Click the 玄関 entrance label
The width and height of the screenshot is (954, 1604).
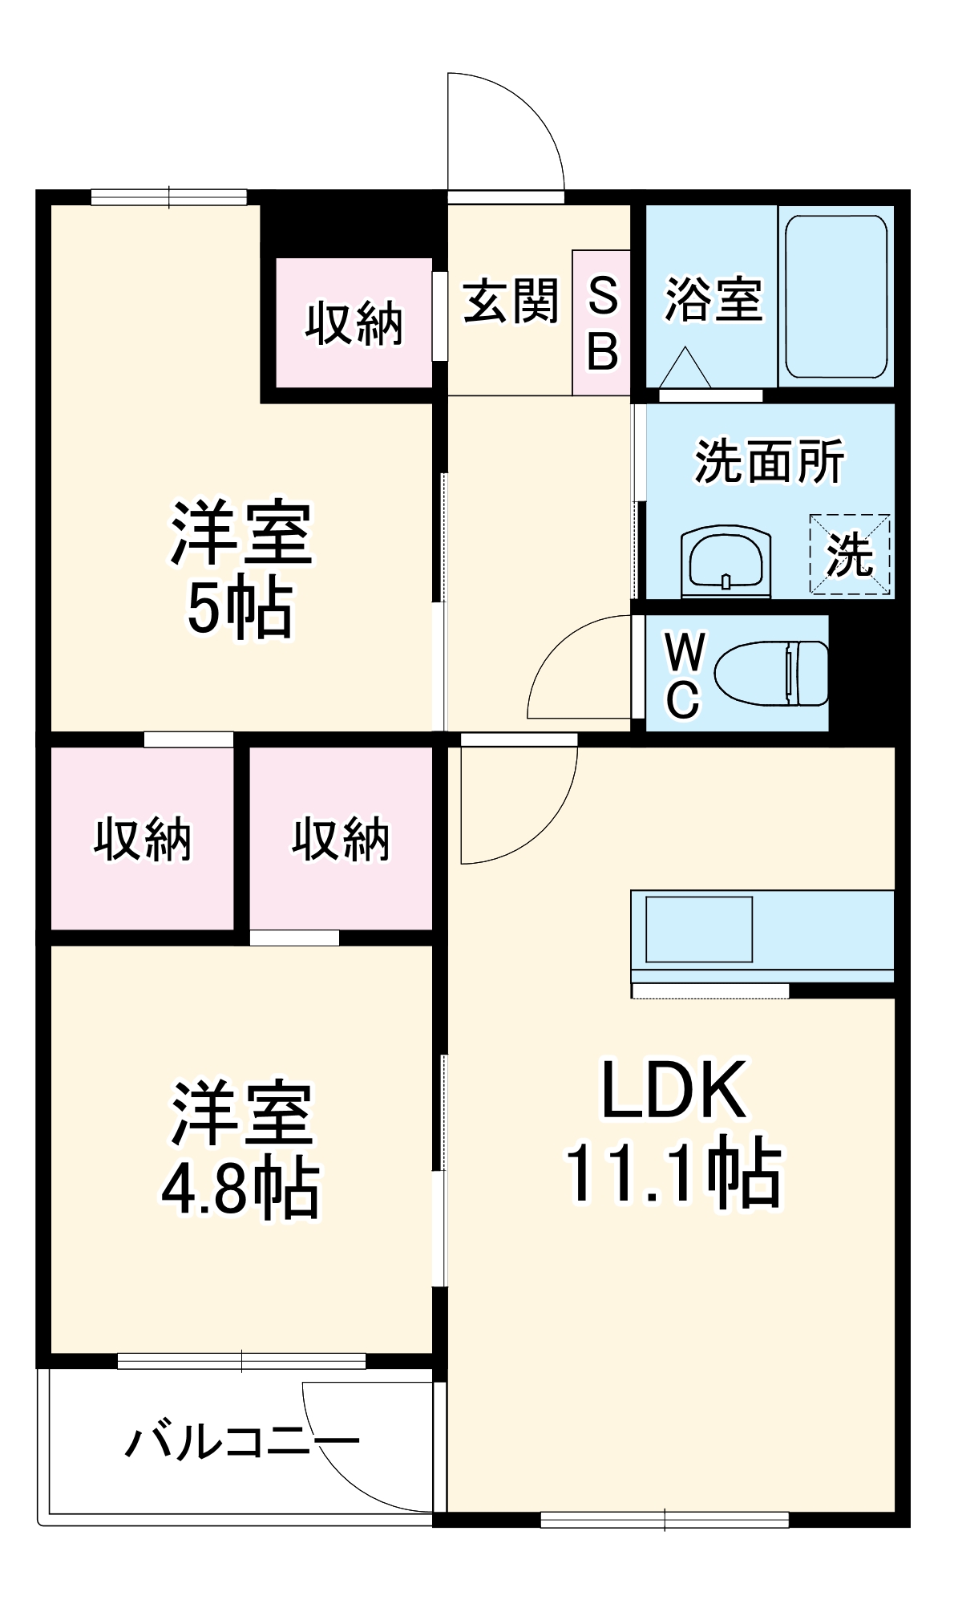[x=511, y=302]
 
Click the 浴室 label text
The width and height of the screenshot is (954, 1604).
[x=713, y=300]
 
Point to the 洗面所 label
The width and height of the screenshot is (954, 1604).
[x=769, y=461]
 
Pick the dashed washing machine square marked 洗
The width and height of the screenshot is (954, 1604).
[x=850, y=554]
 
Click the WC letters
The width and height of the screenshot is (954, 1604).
[x=684, y=675]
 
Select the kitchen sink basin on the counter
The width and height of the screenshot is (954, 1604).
[x=698, y=930]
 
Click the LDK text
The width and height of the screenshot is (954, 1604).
[x=673, y=1090]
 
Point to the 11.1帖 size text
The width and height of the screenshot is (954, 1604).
[x=673, y=1172]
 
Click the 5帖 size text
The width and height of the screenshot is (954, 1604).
[x=241, y=607]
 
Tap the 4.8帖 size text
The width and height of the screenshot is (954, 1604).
[x=241, y=1188]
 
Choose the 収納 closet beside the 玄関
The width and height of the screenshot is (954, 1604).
[x=354, y=323]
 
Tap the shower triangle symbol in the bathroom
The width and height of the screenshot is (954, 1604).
[x=685, y=368]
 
